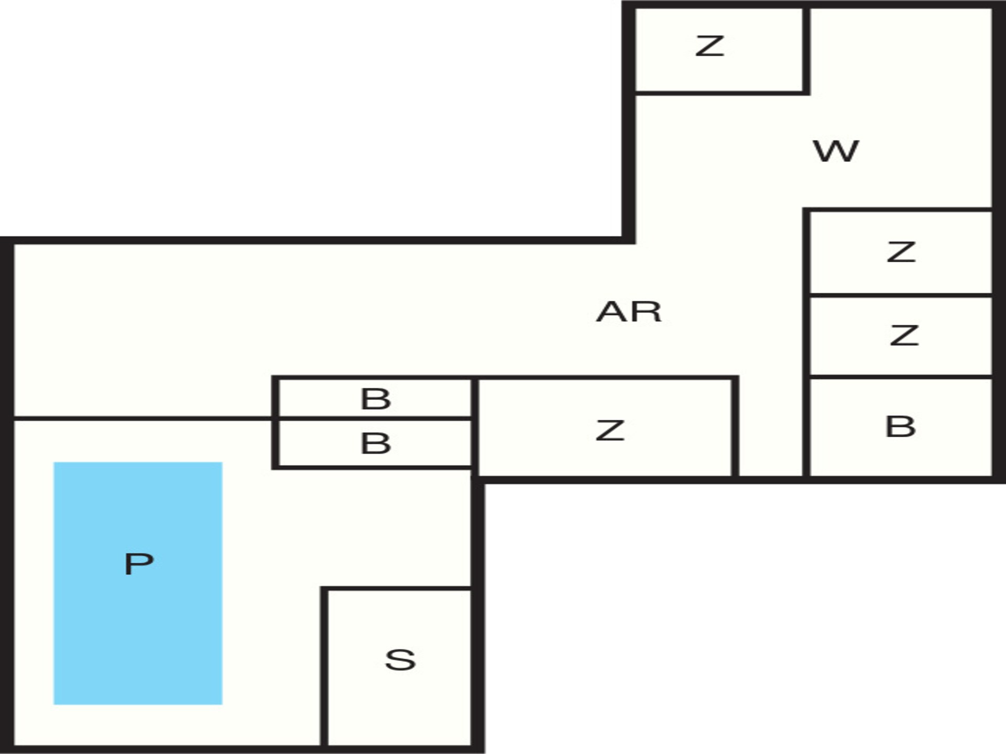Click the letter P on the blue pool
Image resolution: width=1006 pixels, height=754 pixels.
coord(139,564)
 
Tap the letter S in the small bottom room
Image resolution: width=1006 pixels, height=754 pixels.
coord(400,660)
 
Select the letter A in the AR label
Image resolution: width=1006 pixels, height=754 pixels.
coord(613,312)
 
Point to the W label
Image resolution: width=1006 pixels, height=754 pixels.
coord(836,151)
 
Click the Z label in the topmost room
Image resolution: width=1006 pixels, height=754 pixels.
coord(710,46)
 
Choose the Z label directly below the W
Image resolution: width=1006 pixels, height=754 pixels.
coord(901,252)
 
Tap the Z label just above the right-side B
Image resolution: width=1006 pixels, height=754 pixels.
coord(904,335)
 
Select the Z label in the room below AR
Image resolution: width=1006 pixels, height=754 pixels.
coord(610,430)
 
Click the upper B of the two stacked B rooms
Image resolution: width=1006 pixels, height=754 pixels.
coord(376,399)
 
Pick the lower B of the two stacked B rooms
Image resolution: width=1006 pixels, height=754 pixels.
coord(376,443)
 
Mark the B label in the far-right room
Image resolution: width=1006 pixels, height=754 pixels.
coord(901,426)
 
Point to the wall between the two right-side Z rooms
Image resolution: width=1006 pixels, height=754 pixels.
coord(901,295)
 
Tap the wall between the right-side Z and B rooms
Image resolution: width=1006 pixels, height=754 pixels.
coord(901,376)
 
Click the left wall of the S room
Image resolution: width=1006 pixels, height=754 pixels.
coord(325,666)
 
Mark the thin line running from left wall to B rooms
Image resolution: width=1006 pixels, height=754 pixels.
coord(143,418)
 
